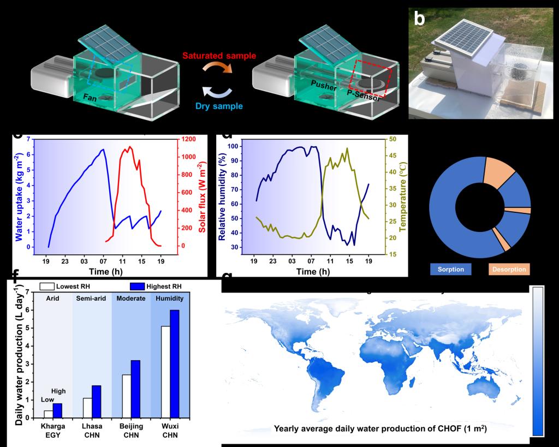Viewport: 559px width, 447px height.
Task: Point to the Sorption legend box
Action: pyautogui.click(x=450, y=269)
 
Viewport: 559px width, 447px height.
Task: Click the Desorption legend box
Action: pyautogui.click(x=509, y=269)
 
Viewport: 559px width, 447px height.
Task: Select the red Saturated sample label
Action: pyautogui.click(x=219, y=56)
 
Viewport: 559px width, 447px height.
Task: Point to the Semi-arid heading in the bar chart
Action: pyautogui.click(x=92, y=299)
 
